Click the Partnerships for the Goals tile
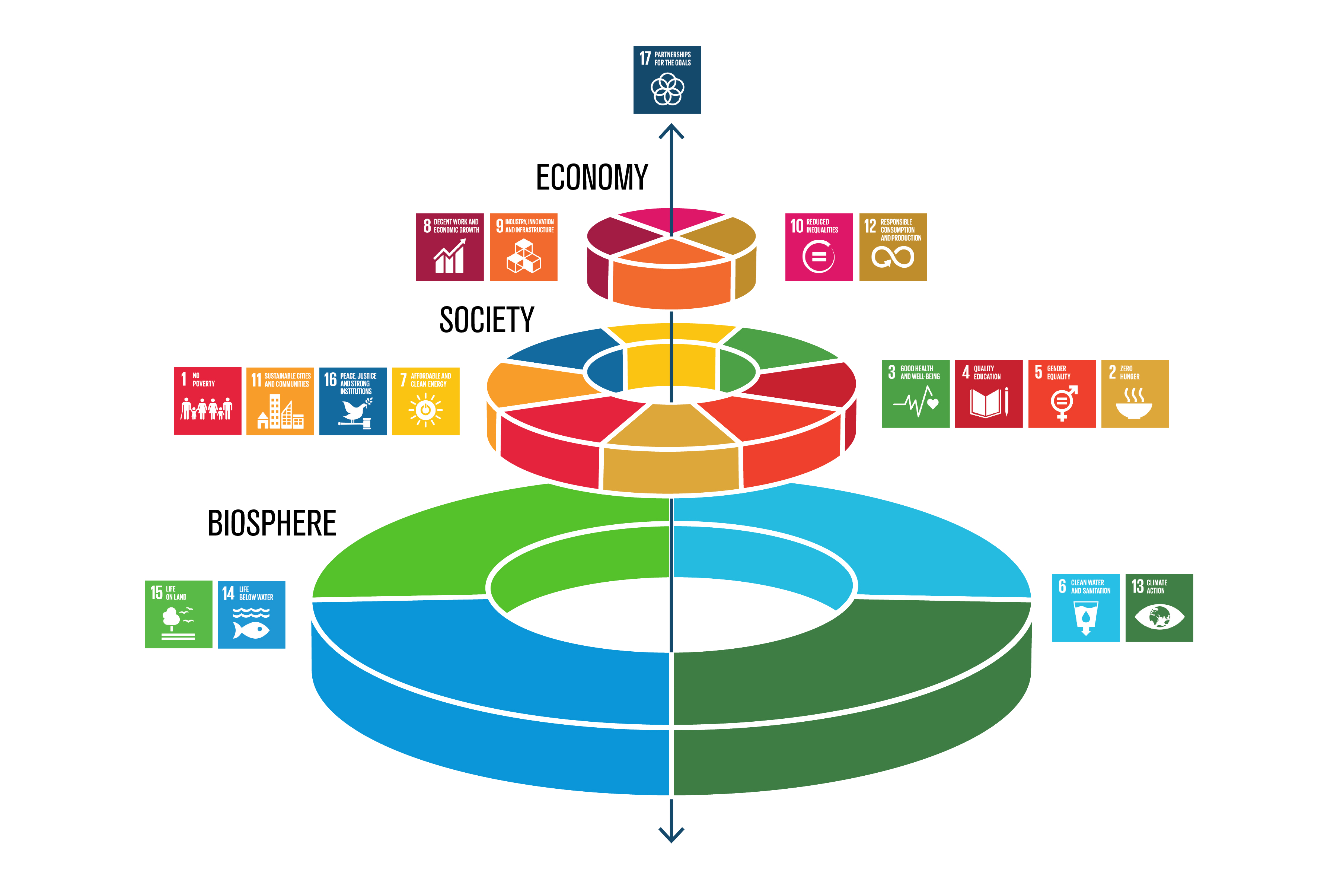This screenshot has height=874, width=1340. [667, 80]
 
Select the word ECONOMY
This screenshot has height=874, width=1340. [592, 177]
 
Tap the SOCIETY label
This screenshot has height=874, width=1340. [486, 320]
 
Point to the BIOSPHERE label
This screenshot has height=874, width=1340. [272, 523]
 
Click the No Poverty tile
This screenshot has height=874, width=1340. [207, 401]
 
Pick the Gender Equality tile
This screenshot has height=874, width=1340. [1062, 394]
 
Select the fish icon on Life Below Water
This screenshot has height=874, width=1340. [251, 630]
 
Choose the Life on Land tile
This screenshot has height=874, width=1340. [178, 614]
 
